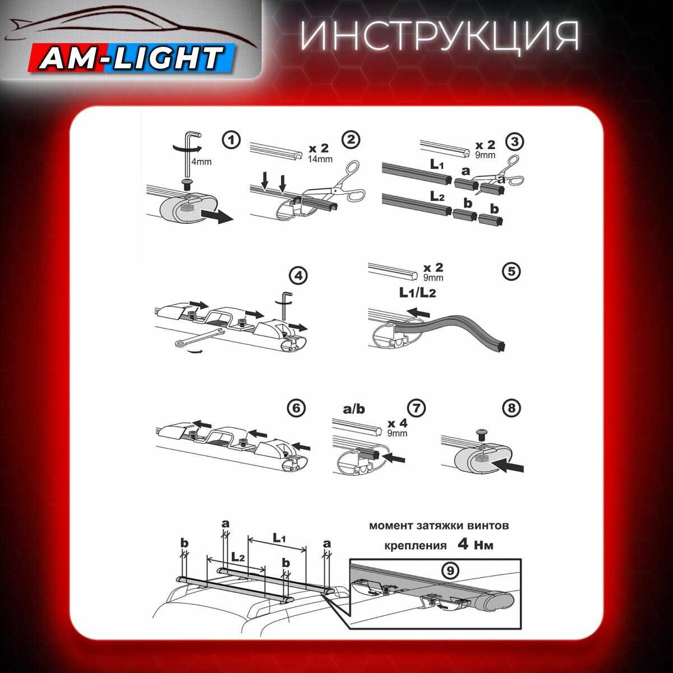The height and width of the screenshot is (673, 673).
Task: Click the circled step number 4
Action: (298, 276)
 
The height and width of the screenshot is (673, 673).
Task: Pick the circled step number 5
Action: (511, 271)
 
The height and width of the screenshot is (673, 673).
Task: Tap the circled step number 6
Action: (297, 408)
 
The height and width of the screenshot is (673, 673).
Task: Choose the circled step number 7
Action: (417, 408)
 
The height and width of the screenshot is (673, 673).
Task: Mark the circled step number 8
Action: (511, 408)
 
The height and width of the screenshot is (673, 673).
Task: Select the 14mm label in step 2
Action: (320, 159)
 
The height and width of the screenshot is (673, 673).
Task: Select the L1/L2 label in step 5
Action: (417, 292)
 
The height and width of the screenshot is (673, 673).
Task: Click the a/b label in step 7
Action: (353, 409)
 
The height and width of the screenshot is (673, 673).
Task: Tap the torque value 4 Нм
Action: (475, 545)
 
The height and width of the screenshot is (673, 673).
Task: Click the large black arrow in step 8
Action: (510, 465)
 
